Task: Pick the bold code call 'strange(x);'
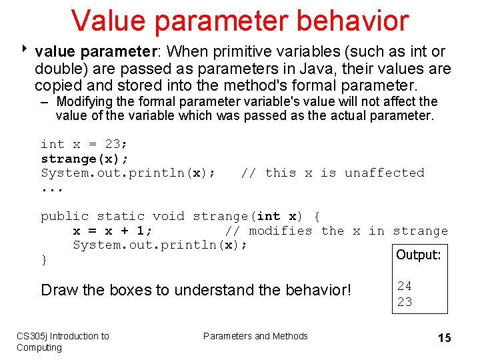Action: click(x=85, y=159)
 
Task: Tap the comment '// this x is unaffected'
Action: click(x=332, y=173)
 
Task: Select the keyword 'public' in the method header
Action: click(x=65, y=216)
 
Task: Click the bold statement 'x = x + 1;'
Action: click(x=112, y=231)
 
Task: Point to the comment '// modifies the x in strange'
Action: click(x=336, y=231)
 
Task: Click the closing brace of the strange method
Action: click(x=44, y=260)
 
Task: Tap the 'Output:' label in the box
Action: click(x=418, y=255)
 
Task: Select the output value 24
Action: click(x=404, y=286)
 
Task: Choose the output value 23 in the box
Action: click(x=404, y=301)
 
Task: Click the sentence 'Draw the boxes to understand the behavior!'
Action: click(x=195, y=290)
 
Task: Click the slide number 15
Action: click(x=444, y=338)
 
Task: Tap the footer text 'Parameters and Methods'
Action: click(x=255, y=336)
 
